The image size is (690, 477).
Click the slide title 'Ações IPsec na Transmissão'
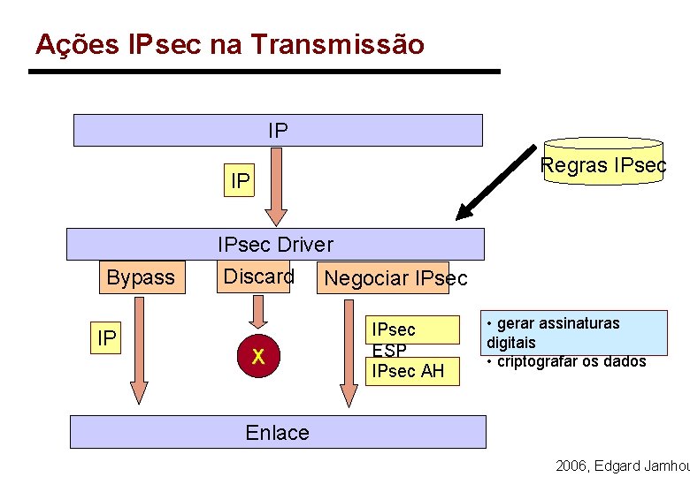229,44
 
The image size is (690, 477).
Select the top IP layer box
278,130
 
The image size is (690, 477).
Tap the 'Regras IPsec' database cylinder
603,161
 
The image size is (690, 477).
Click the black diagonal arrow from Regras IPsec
496,182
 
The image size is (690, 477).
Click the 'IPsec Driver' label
275,244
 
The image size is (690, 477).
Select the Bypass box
141,277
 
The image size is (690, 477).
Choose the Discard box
258,276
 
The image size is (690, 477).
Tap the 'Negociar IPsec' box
395,278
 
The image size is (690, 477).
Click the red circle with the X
258,356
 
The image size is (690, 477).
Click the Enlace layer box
278,432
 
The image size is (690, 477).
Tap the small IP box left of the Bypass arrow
107,338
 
